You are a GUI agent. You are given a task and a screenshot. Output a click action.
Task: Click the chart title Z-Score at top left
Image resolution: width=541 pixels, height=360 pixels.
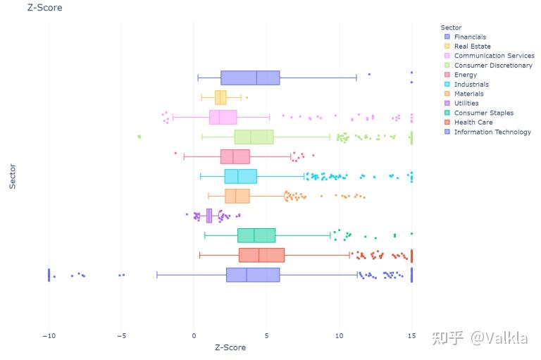(44, 8)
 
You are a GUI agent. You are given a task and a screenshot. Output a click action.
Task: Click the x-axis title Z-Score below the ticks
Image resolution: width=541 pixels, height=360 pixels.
(230, 347)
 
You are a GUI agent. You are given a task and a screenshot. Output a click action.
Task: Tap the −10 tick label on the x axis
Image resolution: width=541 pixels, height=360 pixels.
(48, 335)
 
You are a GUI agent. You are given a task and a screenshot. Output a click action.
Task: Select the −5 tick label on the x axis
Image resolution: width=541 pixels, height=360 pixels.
(121, 335)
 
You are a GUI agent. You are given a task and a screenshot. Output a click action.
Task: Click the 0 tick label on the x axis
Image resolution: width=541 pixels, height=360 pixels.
(194, 335)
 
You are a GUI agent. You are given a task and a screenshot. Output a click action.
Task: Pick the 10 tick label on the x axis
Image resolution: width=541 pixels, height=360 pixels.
(339, 335)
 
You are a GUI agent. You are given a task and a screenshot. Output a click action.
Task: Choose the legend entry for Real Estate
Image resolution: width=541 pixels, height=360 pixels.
(473, 46)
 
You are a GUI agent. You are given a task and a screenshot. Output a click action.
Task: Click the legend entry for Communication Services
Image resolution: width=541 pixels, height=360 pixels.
(494, 56)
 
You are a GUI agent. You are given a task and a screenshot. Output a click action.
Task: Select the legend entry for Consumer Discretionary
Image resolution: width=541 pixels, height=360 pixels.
(493, 66)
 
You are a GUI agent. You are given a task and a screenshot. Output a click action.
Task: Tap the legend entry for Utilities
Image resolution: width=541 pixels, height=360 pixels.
(466, 104)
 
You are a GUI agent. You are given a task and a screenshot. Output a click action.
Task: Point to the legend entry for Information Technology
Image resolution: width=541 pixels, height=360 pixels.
(492, 132)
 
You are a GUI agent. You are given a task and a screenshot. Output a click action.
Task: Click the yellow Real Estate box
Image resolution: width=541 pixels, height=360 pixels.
(220, 97)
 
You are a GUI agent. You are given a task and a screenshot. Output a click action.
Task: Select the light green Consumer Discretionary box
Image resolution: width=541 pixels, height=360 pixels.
(254, 137)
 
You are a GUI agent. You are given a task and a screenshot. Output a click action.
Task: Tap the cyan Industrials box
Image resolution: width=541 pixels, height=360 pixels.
(240, 176)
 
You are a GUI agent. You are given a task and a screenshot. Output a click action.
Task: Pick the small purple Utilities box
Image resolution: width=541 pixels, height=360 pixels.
(209, 216)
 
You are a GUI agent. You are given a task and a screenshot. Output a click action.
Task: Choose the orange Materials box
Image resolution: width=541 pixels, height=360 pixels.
(237, 196)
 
